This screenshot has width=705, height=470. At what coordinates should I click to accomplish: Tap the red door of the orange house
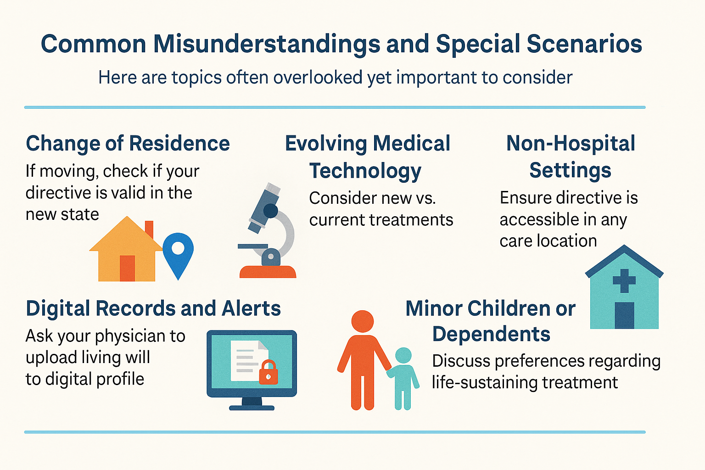click(x=127, y=268)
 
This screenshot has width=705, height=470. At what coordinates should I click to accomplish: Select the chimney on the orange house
click(x=149, y=229)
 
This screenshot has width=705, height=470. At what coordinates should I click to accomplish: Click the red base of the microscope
click(x=268, y=272)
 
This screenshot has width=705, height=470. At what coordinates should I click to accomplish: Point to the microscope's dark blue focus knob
click(x=270, y=211)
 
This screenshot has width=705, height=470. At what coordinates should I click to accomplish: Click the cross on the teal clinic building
click(x=624, y=280)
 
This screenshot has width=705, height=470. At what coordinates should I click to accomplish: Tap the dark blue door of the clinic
click(x=624, y=315)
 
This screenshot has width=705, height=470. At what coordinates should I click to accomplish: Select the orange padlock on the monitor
click(x=268, y=372)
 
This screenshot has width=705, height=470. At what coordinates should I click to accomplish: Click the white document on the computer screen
click(x=249, y=361)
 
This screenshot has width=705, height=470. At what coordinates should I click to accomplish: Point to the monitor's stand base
click(x=252, y=408)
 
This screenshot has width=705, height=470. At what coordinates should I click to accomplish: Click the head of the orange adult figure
click(x=363, y=321)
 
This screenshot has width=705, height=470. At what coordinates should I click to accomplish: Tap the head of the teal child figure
click(x=403, y=355)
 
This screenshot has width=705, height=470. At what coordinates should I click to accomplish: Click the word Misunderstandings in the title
click(x=267, y=44)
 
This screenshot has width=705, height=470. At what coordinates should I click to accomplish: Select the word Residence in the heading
click(x=179, y=144)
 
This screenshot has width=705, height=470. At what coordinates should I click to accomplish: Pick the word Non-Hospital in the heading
click(x=571, y=144)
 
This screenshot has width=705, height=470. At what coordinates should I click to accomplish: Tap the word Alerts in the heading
click(x=251, y=308)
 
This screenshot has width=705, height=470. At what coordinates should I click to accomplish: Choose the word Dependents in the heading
click(x=491, y=334)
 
